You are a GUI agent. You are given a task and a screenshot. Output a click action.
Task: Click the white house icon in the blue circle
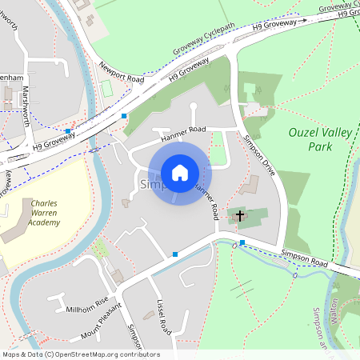180,172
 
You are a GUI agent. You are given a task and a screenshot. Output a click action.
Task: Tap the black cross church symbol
238,215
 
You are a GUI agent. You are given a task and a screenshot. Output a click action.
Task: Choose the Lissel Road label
165,317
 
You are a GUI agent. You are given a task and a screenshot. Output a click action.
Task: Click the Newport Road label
122,74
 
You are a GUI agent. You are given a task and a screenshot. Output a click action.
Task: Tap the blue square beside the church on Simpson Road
242,242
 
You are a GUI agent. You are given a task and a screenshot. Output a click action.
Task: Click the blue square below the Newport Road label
124,116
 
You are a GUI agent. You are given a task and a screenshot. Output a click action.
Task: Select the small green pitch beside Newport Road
106,86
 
